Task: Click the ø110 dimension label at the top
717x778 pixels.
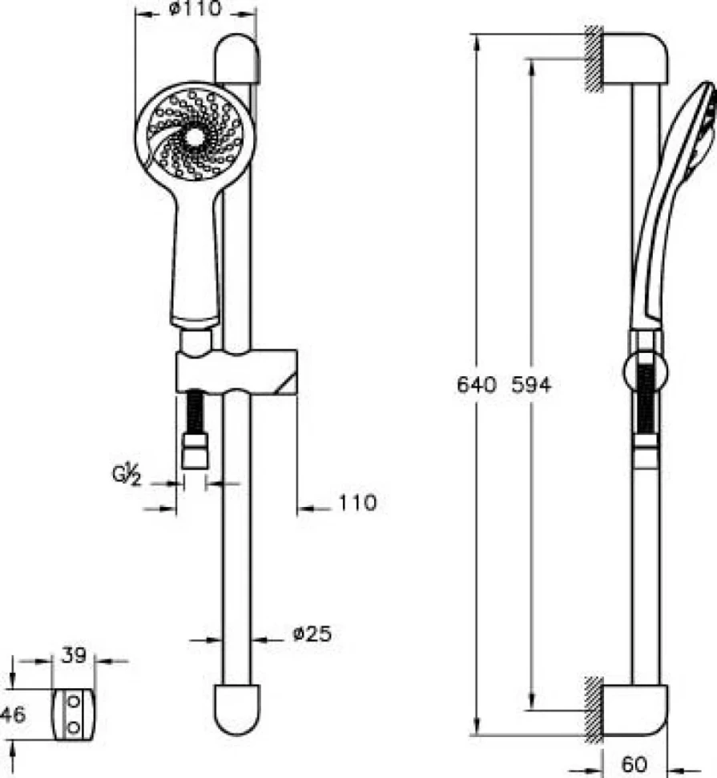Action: pyautogui.click(x=195, y=9)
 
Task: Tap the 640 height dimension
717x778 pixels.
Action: pyautogui.click(x=476, y=384)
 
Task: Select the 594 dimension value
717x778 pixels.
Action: pyautogui.click(x=531, y=384)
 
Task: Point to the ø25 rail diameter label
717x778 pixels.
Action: pyautogui.click(x=312, y=634)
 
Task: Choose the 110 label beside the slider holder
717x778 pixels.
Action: pyautogui.click(x=358, y=503)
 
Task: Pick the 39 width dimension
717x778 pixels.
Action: pyautogui.click(x=74, y=655)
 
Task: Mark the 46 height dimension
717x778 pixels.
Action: pyautogui.click(x=13, y=715)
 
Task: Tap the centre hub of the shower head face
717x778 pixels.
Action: pyautogui.click(x=194, y=137)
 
